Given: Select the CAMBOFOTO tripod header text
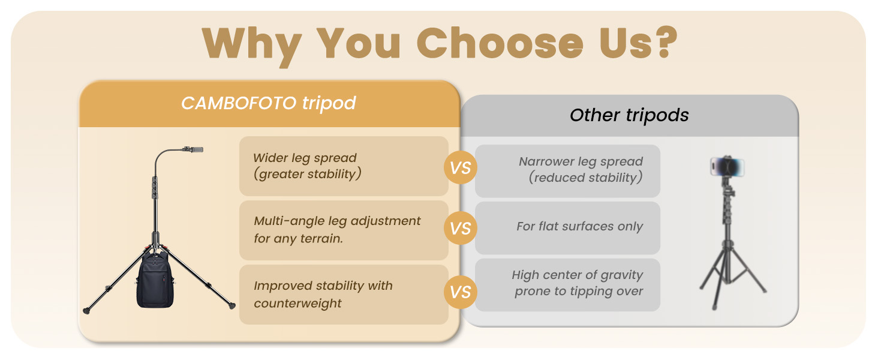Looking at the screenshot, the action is (269, 104).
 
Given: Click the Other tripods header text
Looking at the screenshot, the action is (629, 115).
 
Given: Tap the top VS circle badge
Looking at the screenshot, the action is (460, 167).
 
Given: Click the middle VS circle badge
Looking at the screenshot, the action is (460, 228).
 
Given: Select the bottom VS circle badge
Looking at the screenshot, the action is (460, 292).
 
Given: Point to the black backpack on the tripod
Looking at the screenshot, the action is (155, 279).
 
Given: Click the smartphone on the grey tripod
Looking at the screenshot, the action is (727, 167).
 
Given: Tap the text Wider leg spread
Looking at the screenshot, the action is (305, 158).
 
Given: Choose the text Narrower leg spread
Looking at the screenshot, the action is (581, 161).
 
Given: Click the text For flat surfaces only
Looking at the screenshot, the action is (580, 226).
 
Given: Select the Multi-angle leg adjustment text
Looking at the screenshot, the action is (337, 221).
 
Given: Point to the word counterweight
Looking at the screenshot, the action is (297, 303).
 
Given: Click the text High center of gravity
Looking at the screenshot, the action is (578, 275).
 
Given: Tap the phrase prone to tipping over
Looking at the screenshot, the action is (579, 291).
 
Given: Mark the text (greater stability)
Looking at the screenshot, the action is (307, 174).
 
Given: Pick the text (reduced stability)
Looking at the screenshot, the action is (585, 178).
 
